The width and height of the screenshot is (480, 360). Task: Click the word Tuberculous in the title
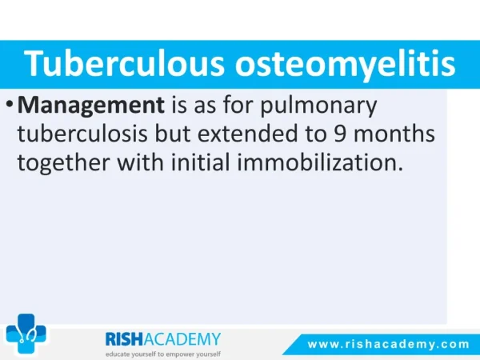[124, 63]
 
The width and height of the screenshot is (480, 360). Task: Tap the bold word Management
[91, 106]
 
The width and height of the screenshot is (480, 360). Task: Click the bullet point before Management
[10, 105]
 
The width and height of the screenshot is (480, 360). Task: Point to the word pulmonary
[318, 106]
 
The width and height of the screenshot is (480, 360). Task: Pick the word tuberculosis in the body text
[82, 134]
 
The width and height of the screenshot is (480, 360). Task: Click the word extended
[247, 134]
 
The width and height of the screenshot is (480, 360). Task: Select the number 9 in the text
[339, 134]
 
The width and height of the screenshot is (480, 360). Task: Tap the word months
[394, 134]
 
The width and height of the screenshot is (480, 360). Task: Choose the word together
[63, 163]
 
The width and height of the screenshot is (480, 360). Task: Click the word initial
[200, 162]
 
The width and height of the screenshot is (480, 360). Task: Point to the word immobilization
[320, 162]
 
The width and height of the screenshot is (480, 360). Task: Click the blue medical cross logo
[26, 334]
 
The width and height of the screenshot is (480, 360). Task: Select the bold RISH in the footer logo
[124, 339]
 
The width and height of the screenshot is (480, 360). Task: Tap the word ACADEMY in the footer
[182, 339]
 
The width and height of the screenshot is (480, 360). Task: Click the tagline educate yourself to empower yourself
[163, 354]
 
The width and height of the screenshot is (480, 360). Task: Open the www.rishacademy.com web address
[389, 344]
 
